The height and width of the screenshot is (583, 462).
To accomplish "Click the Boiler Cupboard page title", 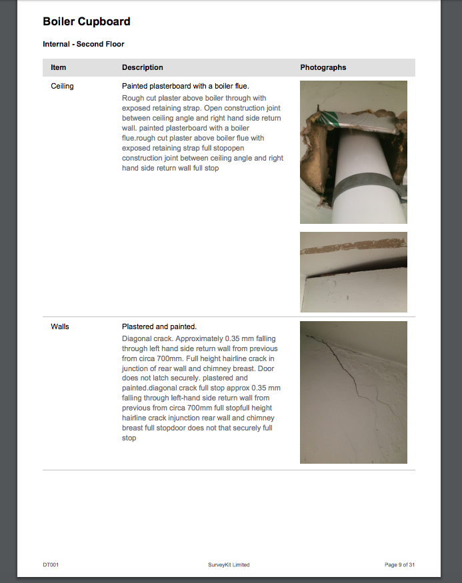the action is click(x=86, y=21).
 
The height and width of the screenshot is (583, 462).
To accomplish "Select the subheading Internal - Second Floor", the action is click(x=83, y=44).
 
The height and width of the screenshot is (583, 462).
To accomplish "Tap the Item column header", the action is click(x=59, y=67).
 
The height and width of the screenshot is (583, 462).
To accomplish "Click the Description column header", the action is click(x=143, y=67).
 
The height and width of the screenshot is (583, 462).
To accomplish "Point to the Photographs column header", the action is click(x=323, y=67).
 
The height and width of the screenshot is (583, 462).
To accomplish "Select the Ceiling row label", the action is click(x=62, y=86).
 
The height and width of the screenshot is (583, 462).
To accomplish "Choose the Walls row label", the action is click(x=60, y=326).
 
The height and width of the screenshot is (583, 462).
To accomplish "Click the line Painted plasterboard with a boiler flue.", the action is click(x=185, y=86).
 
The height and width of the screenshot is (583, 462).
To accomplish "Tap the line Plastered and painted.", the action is click(x=159, y=326).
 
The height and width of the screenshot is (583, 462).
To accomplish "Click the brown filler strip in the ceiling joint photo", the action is click(x=353, y=246).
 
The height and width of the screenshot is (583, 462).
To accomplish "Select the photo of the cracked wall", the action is click(x=353, y=392).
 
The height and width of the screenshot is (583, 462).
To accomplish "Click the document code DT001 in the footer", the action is click(x=51, y=565).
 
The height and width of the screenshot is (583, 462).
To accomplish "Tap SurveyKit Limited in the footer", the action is click(x=229, y=565).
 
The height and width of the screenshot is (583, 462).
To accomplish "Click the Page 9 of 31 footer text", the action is click(x=399, y=565).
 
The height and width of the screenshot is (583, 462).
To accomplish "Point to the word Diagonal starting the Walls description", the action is click(x=136, y=338).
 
